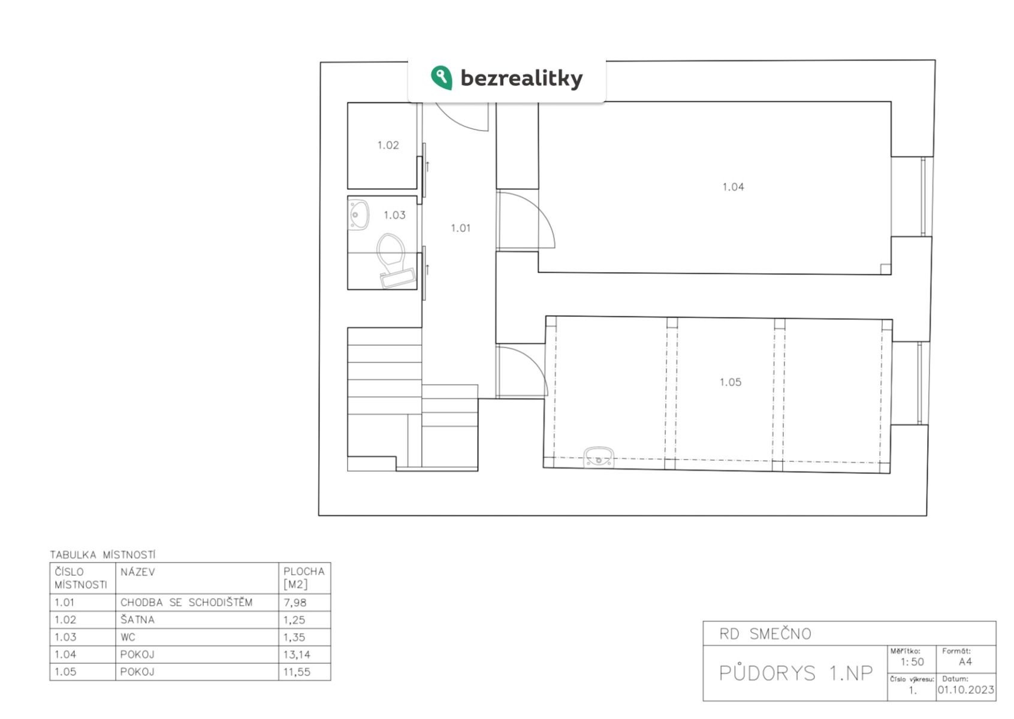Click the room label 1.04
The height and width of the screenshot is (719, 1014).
(x=733, y=187)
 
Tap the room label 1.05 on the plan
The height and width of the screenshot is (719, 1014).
(x=731, y=382)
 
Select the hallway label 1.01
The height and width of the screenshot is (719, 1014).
(x=460, y=228)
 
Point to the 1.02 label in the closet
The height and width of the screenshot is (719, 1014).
(x=388, y=145)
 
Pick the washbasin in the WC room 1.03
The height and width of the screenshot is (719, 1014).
(x=358, y=215)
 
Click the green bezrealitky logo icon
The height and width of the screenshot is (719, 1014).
(x=441, y=78)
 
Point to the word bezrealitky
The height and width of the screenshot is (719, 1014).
(x=521, y=78)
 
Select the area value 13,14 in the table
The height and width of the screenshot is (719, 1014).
(x=297, y=654)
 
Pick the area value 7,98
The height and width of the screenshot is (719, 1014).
(x=295, y=603)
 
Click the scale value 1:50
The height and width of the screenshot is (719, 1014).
(x=912, y=662)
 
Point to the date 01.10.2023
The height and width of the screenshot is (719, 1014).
(x=966, y=690)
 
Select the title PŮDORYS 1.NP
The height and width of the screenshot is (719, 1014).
(x=796, y=673)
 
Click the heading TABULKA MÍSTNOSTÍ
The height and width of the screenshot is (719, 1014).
(x=102, y=554)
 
